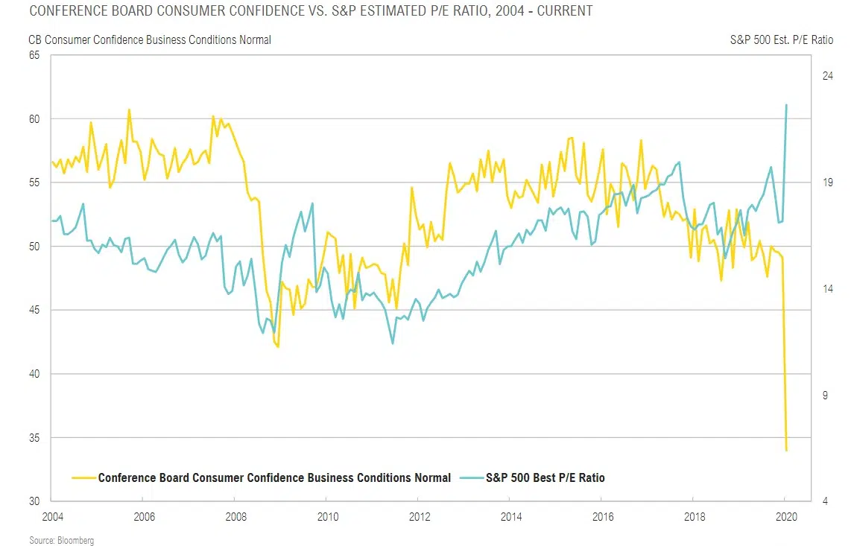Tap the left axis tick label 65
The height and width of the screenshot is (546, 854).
(34, 56)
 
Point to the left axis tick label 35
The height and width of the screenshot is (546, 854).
(34, 437)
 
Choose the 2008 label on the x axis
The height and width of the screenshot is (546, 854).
(235, 516)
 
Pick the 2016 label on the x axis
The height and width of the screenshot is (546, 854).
(601, 516)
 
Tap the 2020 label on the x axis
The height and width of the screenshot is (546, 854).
(785, 516)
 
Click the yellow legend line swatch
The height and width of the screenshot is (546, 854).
(83, 477)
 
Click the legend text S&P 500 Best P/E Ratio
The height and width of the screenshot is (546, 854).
(545, 477)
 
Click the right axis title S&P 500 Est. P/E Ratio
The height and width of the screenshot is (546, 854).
(781, 39)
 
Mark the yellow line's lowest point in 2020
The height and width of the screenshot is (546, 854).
(787, 450)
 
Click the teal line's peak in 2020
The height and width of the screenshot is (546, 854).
(787, 105)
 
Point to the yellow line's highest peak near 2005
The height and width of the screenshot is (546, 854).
(129, 109)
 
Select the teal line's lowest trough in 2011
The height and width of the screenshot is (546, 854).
(392, 343)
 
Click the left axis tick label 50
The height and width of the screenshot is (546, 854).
(34, 247)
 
